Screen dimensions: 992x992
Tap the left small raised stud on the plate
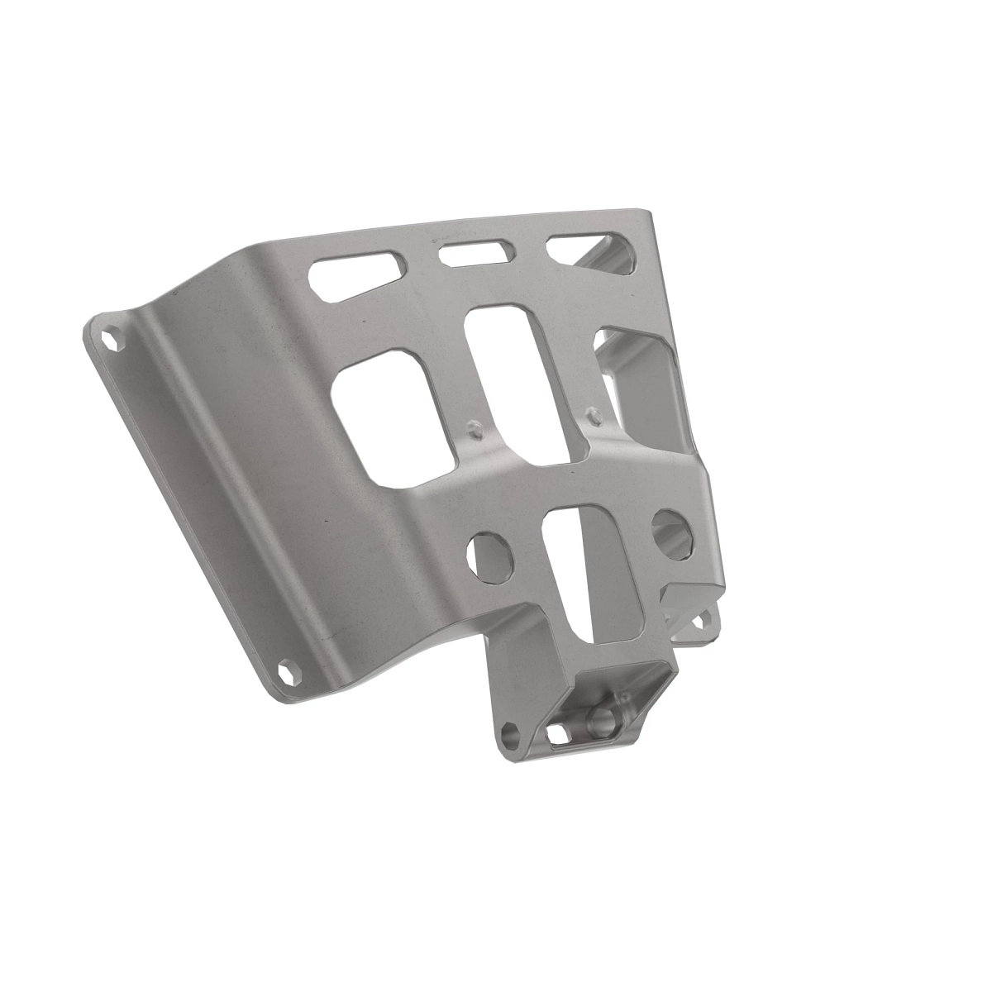point(474,429)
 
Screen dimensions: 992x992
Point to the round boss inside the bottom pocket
point(602,718)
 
